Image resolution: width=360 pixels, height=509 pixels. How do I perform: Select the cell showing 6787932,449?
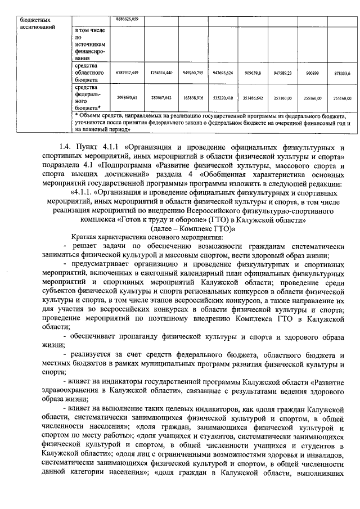pyautogui.click(x=127, y=73)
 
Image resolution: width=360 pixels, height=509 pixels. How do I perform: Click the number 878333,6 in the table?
pyautogui.click(x=341, y=73)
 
